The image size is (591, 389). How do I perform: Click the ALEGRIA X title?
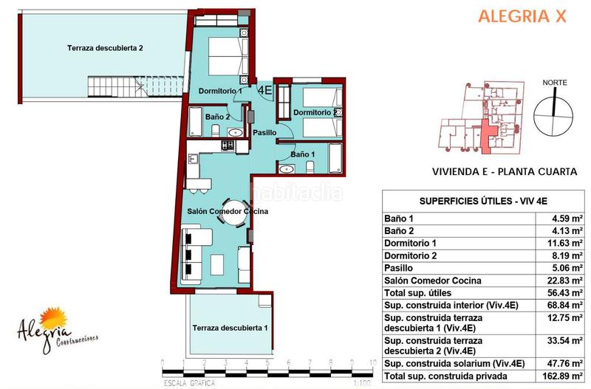(522, 16)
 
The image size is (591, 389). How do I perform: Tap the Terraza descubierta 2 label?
(105, 49)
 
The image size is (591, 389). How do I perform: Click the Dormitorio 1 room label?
(220, 91)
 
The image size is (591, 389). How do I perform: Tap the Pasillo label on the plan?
(264, 132)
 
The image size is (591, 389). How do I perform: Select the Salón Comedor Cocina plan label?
(227, 211)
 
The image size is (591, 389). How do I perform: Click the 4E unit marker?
(264, 89)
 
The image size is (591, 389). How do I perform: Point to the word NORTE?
(555, 83)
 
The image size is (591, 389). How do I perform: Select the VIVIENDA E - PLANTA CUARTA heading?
(504, 171)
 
